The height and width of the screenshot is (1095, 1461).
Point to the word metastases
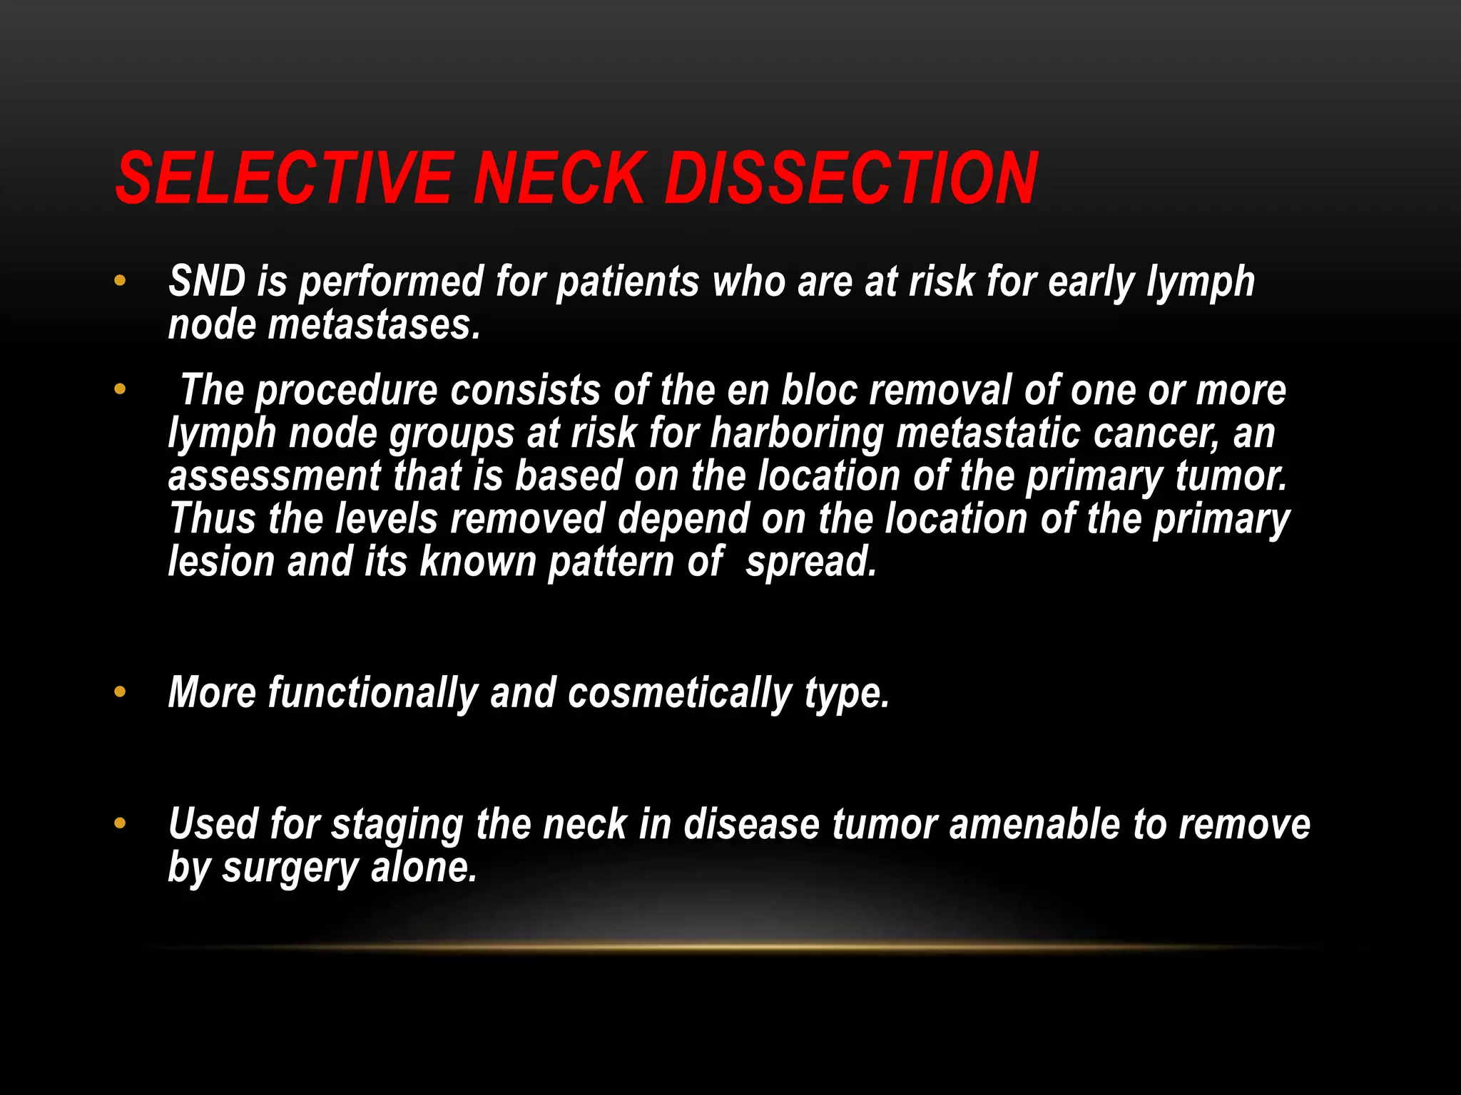click(x=374, y=325)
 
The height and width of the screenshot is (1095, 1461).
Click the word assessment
click(x=275, y=477)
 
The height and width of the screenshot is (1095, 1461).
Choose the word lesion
click(x=221, y=562)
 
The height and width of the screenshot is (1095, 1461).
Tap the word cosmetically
click(x=679, y=694)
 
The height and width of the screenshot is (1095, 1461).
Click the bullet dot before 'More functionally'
click(x=120, y=692)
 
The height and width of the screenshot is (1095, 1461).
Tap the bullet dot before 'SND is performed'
click(x=120, y=281)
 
